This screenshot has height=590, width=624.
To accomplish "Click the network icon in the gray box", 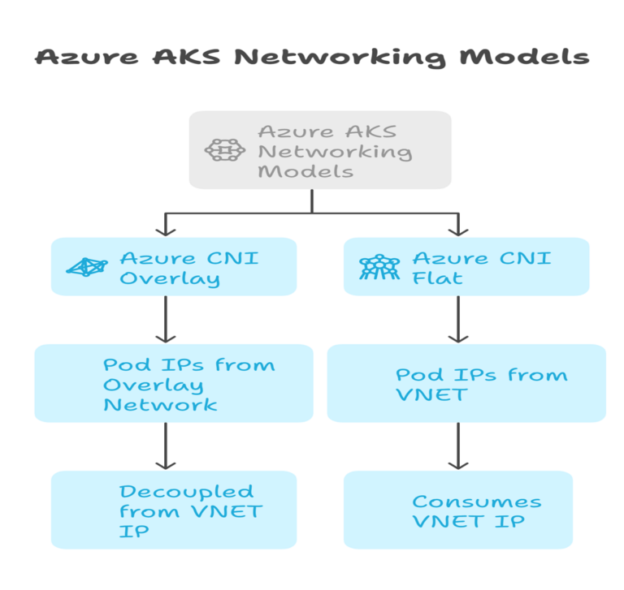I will point(224,150).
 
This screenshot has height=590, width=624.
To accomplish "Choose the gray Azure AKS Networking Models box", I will point(319,150).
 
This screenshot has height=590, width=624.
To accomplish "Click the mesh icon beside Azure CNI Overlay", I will point(86,267).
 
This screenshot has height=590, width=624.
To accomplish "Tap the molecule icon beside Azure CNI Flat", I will point(379,267).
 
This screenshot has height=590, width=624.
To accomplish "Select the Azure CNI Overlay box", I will point(173,267).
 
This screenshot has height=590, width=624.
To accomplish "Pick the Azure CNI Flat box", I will point(466,267).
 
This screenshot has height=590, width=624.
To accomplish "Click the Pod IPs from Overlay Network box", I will point(173,383).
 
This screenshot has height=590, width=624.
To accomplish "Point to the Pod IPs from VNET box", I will point(466,383).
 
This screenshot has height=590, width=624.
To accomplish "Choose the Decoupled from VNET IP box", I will point(173,510).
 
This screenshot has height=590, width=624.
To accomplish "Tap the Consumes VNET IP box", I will point(457,510).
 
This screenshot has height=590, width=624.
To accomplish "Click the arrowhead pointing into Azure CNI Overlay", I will point(166,230).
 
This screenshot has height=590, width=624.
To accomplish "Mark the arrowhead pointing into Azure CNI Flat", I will point(458,230).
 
